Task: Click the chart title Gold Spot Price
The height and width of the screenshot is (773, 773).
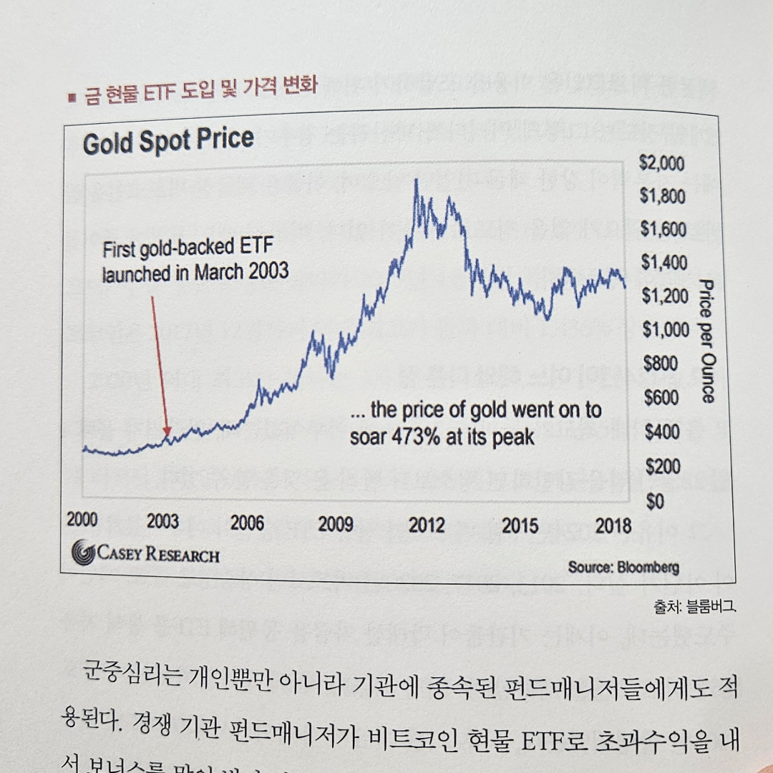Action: [x=168, y=141]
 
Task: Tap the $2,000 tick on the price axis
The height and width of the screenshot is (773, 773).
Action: [x=661, y=164]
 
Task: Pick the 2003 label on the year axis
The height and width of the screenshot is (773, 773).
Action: [x=163, y=521]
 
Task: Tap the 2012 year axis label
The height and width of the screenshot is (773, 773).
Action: [x=427, y=525]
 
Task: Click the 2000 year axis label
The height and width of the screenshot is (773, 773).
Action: [x=82, y=520]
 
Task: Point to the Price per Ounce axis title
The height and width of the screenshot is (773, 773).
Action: [x=706, y=341]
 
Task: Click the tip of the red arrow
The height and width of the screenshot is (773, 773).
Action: [x=167, y=434]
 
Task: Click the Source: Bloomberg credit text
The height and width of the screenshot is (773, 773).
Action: [x=623, y=567]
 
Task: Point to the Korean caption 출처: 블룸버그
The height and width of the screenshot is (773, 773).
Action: [x=694, y=608]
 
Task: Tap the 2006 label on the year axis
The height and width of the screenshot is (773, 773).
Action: [x=247, y=522]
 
